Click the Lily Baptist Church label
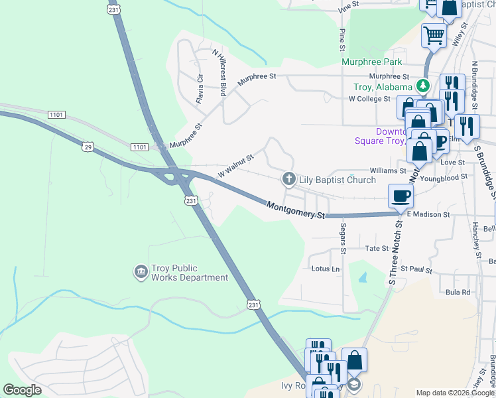point(337,180)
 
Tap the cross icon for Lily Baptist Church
point(288,179)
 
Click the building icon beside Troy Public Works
point(140,272)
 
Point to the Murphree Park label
point(371,62)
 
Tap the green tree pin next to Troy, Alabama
point(422,86)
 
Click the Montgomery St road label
point(297,210)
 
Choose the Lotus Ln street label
point(325,269)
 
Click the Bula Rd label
point(458,292)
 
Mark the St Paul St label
point(419,271)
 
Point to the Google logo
point(22,390)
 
